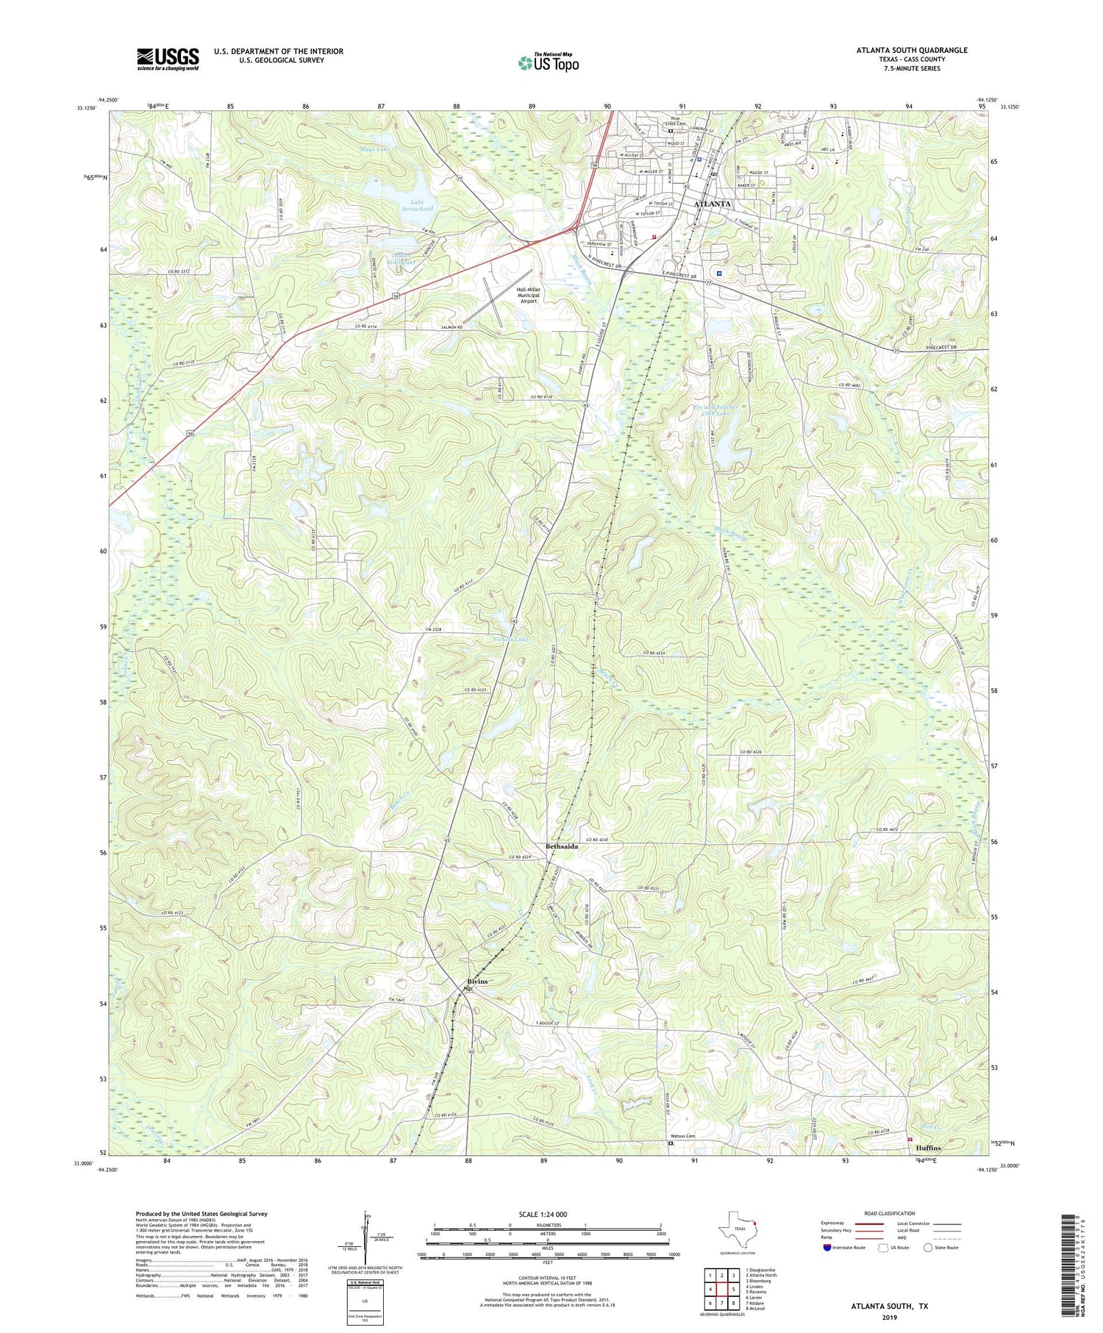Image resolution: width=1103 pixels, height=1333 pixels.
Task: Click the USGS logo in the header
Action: (168, 59)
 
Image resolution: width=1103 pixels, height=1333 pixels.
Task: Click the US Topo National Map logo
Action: (549, 62)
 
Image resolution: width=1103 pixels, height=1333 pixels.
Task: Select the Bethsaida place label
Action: (561, 846)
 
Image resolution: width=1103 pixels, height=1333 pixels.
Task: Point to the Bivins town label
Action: (476, 982)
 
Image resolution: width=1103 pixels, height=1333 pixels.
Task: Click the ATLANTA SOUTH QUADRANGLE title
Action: (911, 50)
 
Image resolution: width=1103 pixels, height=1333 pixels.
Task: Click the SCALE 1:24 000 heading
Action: (543, 1214)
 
